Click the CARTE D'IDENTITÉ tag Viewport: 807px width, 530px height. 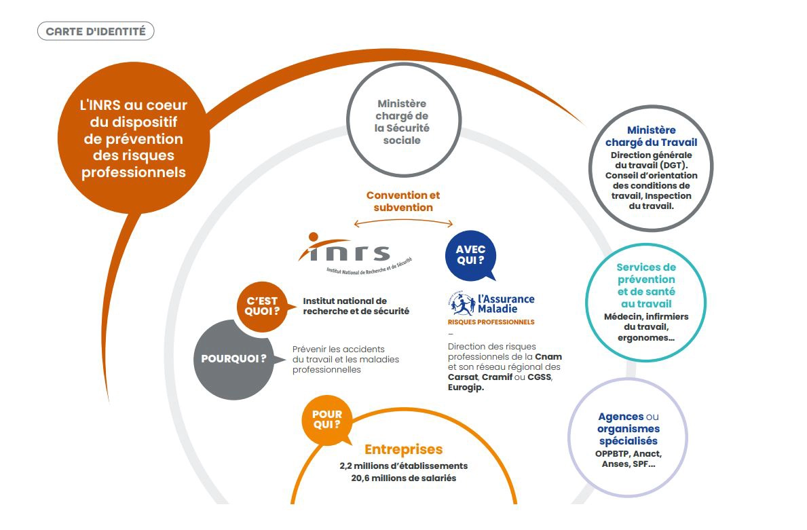click(x=96, y=31)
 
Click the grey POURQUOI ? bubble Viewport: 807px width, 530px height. click(x=233, y=358)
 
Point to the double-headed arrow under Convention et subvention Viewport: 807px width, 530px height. click(x=403, y=222)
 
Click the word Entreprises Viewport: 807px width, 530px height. click(x=403, y=449)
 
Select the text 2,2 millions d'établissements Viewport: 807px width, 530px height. click(x=403, y=466)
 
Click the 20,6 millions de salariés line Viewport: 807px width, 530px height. click(x=403, y=478)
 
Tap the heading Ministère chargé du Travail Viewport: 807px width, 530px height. click(x=651, y=136)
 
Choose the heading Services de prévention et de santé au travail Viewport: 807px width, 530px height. click(x=646, y=285)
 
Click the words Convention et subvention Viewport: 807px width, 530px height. click(x=403, y=201)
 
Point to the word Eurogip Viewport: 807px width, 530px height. click(x=466, y=387)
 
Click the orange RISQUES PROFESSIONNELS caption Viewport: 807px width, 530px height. click(x=491, y=322)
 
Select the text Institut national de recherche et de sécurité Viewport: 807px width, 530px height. click(x=356, y=306)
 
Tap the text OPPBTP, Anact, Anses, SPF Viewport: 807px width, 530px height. click(x=628, y=459)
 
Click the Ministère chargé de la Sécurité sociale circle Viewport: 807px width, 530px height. click(x=402, y=122)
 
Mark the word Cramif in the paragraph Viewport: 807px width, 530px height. click(x=496, y=377)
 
